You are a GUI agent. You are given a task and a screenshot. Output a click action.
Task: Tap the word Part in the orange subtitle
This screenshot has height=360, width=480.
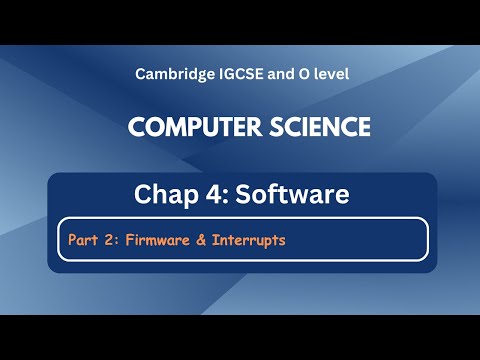[x=83, y=240]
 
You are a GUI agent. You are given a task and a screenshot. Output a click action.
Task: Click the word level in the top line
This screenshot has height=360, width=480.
[x=327, y=74]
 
